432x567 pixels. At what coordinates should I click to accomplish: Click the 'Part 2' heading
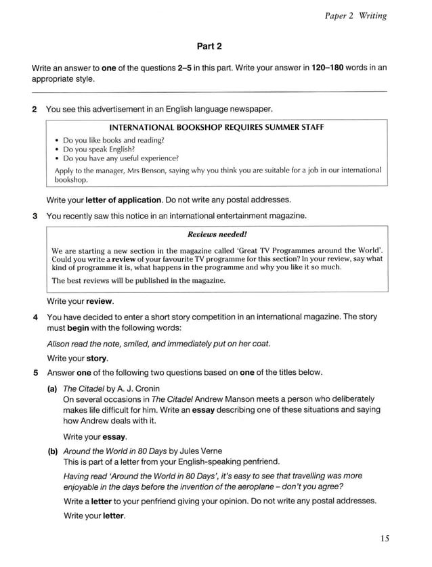[x=209, y=46]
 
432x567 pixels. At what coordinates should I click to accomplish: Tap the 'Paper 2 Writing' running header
[x=355, y=16]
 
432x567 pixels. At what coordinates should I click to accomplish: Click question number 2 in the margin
[x=35, y=109]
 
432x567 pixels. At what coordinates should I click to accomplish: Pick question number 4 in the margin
[x=35, y=317]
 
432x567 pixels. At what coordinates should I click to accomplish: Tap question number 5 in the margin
[x=35, y=373]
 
